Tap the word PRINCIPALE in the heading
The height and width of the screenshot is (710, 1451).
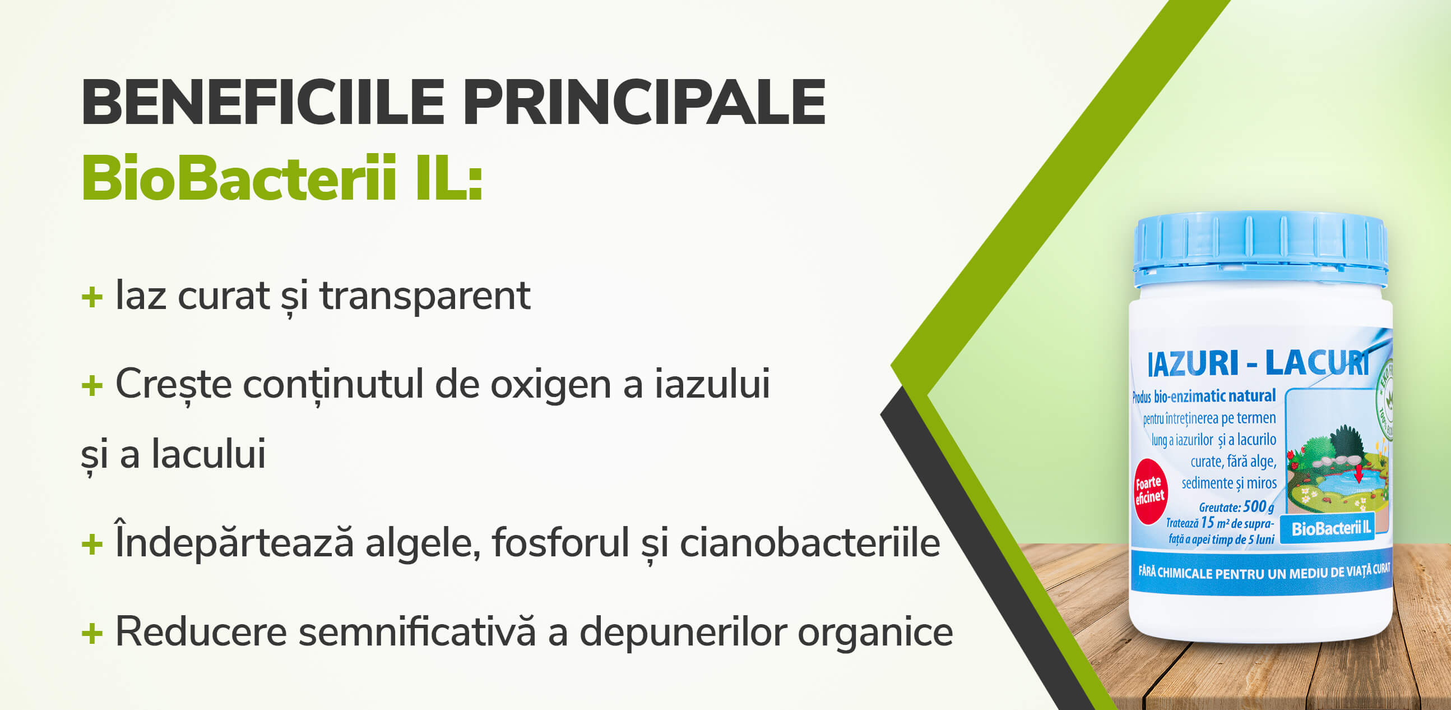tap(645, 103)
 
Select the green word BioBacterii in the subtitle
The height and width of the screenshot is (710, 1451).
tap(239, 179)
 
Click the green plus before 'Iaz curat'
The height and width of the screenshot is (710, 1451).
tap(92, 297)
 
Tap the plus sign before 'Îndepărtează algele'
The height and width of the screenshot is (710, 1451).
tap(92, 545)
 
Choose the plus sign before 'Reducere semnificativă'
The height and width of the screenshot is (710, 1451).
tap(92, 633)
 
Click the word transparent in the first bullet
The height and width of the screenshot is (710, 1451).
tap(425, 296)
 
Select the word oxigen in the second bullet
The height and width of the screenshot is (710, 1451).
tap(550, 385)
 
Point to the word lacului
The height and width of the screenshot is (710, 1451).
tap(208, 454)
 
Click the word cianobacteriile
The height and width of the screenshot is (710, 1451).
tap(810, 543)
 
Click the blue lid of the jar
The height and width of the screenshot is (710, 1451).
tap(1260, 248)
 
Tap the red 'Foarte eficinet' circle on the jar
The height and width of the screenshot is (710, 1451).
tap(1149, 491)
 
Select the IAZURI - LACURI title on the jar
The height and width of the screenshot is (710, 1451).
tap(1258, 363)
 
